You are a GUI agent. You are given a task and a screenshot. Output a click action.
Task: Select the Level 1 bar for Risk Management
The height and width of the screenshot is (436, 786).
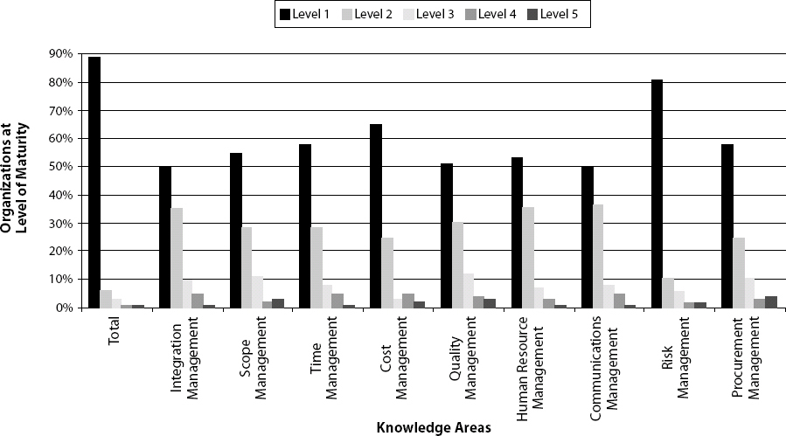coord(657,193)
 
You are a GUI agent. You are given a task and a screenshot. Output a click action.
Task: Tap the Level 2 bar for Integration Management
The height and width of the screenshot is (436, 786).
coord(177,258)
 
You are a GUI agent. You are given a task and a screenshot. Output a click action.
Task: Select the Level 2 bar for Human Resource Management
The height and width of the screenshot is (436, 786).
coord(528,257)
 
